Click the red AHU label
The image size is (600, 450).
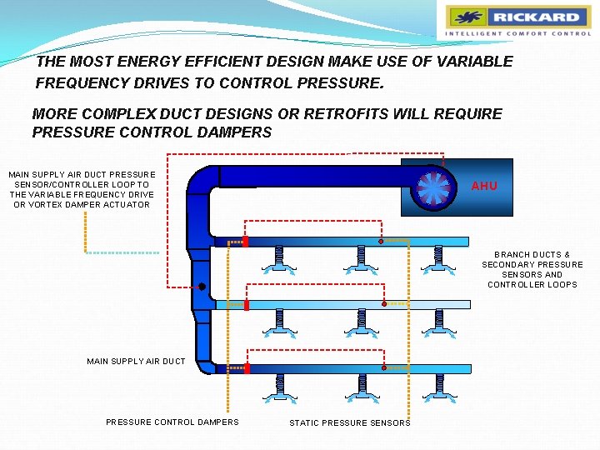pyautogui.click(x=484, y=186)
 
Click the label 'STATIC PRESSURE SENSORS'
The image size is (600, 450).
pyautogui.click(x=350, y=423)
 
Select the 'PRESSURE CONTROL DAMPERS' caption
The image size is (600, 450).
pyautogui.click(x=172, y=422)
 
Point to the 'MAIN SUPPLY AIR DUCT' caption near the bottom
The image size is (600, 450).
pyautogui.click(x=136, y=361)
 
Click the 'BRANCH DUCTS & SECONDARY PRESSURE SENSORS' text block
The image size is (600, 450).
pyautogui.click(x=532, y=269)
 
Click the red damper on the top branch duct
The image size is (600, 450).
pyautogui.click(x=246, y=242)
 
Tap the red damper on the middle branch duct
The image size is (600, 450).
pyautogui.click(x=247, y=305)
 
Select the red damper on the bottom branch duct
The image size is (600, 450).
pyautogui.click(x=247, y=367)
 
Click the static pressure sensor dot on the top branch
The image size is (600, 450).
pyautogui.click(x=381, y=242)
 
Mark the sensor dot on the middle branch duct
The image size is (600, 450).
pyautogui.click(x=383, y=304)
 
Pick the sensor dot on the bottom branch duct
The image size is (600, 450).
pyautogui.click(x=383, y=367)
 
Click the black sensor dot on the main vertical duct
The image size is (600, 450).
pyautogui.click(x=202, y=287)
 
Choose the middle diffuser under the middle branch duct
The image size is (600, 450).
pyautogui.click(x=360, y=323)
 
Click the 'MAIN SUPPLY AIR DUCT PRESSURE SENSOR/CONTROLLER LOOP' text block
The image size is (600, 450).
pyautogui.click(x=82, y=189)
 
